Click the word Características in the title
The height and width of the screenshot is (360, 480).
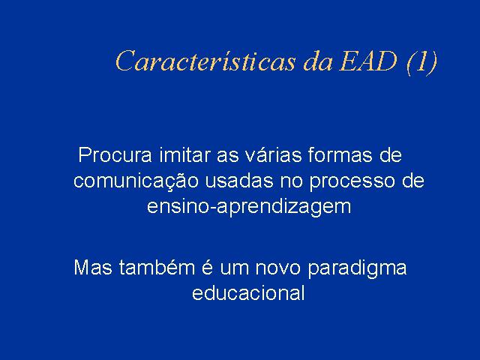205,61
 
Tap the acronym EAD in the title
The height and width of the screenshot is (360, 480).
368,61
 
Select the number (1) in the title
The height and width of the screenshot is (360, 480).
421,62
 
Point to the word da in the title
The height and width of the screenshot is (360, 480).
318,61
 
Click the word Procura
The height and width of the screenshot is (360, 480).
115,155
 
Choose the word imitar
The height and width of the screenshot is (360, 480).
185,155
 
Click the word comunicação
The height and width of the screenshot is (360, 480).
136,181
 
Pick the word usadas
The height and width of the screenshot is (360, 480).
239,181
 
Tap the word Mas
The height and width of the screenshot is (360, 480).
93,268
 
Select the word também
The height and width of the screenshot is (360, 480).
157,268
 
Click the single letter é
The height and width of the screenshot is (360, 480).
207,267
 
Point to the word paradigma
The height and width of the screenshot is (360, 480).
357,269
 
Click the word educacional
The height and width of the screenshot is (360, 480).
248,293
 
